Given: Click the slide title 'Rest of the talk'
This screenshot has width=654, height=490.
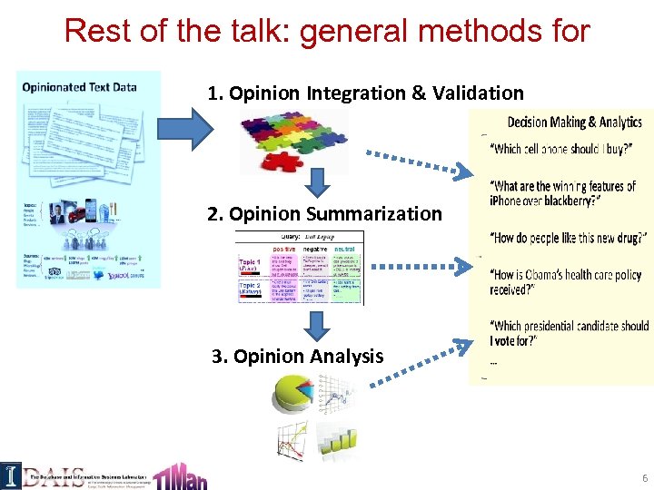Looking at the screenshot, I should click(327, 32).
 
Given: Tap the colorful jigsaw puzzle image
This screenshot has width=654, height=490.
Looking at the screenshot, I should click(292, 140).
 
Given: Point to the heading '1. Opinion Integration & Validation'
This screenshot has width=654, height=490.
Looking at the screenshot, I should click(365, 93).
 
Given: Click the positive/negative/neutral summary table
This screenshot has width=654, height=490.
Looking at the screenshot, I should click(299, 269).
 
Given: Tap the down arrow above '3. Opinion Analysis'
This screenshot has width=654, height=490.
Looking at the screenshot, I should click(316, 324).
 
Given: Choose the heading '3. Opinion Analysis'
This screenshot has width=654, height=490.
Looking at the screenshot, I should click(297, 357).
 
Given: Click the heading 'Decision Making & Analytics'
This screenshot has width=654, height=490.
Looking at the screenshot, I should click(574, 122).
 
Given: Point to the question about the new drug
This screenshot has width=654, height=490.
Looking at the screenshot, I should click(567, 238).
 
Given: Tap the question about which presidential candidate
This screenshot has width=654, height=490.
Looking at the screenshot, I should click(569, 333).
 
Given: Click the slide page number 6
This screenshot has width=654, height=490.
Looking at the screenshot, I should click(644, 477).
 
